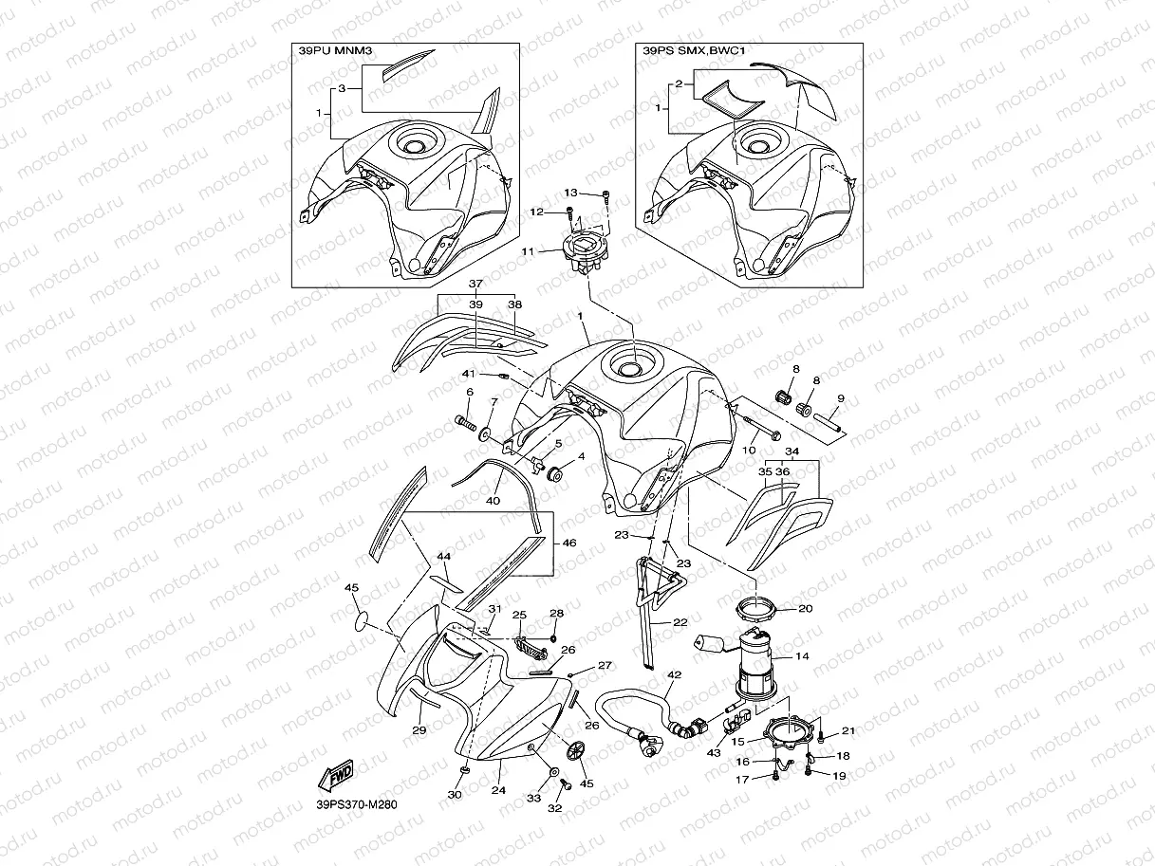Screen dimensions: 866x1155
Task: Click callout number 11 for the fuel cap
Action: coord(528,251)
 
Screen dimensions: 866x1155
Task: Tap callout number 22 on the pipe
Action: coord(680,622)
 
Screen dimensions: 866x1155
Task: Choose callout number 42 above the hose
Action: coord(675,676)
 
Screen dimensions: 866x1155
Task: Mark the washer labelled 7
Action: coord(486,433)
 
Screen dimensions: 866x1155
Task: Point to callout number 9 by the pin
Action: coord(840,398)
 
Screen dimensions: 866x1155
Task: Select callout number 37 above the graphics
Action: coord(475,284)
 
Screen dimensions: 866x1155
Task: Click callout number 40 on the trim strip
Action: coord(493,499)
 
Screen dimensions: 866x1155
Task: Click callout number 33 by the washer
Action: coord(533,799)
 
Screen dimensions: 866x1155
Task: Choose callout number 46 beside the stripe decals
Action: coord(569,544)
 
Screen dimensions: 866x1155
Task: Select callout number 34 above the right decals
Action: coord(792,451)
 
